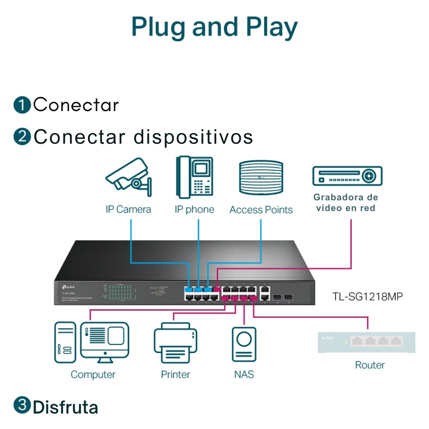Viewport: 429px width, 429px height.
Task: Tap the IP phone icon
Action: pos(194,177)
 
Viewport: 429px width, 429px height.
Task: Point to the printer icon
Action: pos(175,343)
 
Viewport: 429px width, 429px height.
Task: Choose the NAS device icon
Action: pos(244,344)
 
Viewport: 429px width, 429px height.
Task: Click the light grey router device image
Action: pos(366,342)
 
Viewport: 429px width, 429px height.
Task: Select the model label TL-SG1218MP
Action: pos(368,296)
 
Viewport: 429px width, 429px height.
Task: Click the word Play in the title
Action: pos(272,27)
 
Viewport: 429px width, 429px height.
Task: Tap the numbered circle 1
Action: pos(22,105)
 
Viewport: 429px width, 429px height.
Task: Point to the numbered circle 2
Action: pos(22,137)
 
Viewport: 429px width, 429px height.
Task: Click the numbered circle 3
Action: pos(22,406)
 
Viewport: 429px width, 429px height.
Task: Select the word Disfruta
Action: pos(66,407)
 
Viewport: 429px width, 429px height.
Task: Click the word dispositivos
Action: pos(193,137)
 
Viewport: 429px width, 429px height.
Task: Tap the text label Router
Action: pos(370,365)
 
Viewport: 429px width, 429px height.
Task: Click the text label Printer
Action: pos(175,375)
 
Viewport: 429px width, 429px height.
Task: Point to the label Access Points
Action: pos(261,210)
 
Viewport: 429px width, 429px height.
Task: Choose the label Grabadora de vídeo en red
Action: pos(346,202)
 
